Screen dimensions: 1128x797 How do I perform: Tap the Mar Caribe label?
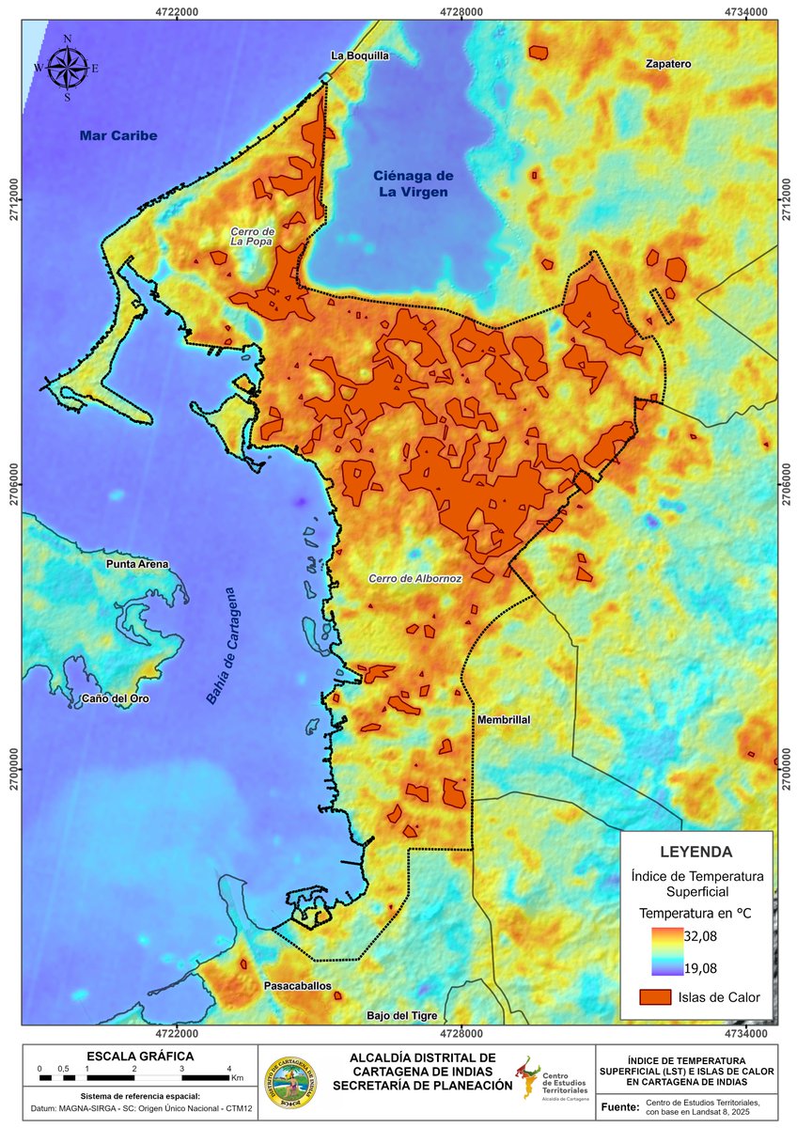118,136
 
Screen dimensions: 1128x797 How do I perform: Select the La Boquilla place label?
359,55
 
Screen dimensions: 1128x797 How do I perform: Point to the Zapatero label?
668,64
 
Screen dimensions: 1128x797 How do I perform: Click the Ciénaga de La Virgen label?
414,184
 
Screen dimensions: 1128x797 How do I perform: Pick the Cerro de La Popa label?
252,236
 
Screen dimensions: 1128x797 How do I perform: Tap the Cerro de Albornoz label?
415,579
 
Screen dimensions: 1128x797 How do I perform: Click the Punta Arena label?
137,564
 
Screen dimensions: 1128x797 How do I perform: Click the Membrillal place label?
504,719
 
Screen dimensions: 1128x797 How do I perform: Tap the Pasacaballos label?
297,987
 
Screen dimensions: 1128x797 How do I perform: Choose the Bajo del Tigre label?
402,1015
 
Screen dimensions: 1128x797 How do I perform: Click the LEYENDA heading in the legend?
696,853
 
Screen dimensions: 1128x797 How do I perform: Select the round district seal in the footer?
290,1078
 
